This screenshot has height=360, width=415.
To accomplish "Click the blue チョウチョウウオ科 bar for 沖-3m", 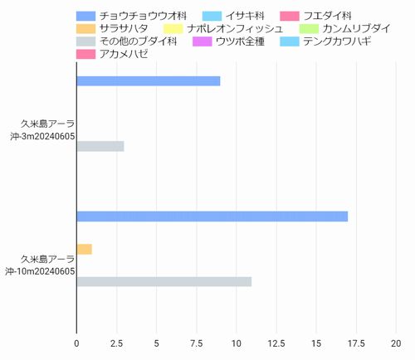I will tap(148, 81).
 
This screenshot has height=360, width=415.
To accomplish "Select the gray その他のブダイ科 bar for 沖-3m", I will tap(100, 147).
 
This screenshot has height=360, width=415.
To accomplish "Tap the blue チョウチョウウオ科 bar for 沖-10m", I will tap(212, 216).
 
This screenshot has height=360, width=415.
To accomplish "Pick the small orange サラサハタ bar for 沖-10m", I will tap(84, 249).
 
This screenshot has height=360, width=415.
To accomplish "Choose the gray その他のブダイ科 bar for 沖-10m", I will tap(164, 282).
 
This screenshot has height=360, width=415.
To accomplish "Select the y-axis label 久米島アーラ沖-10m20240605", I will tap(39, 265).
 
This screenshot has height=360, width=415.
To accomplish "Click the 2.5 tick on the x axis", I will tap(116, 342).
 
